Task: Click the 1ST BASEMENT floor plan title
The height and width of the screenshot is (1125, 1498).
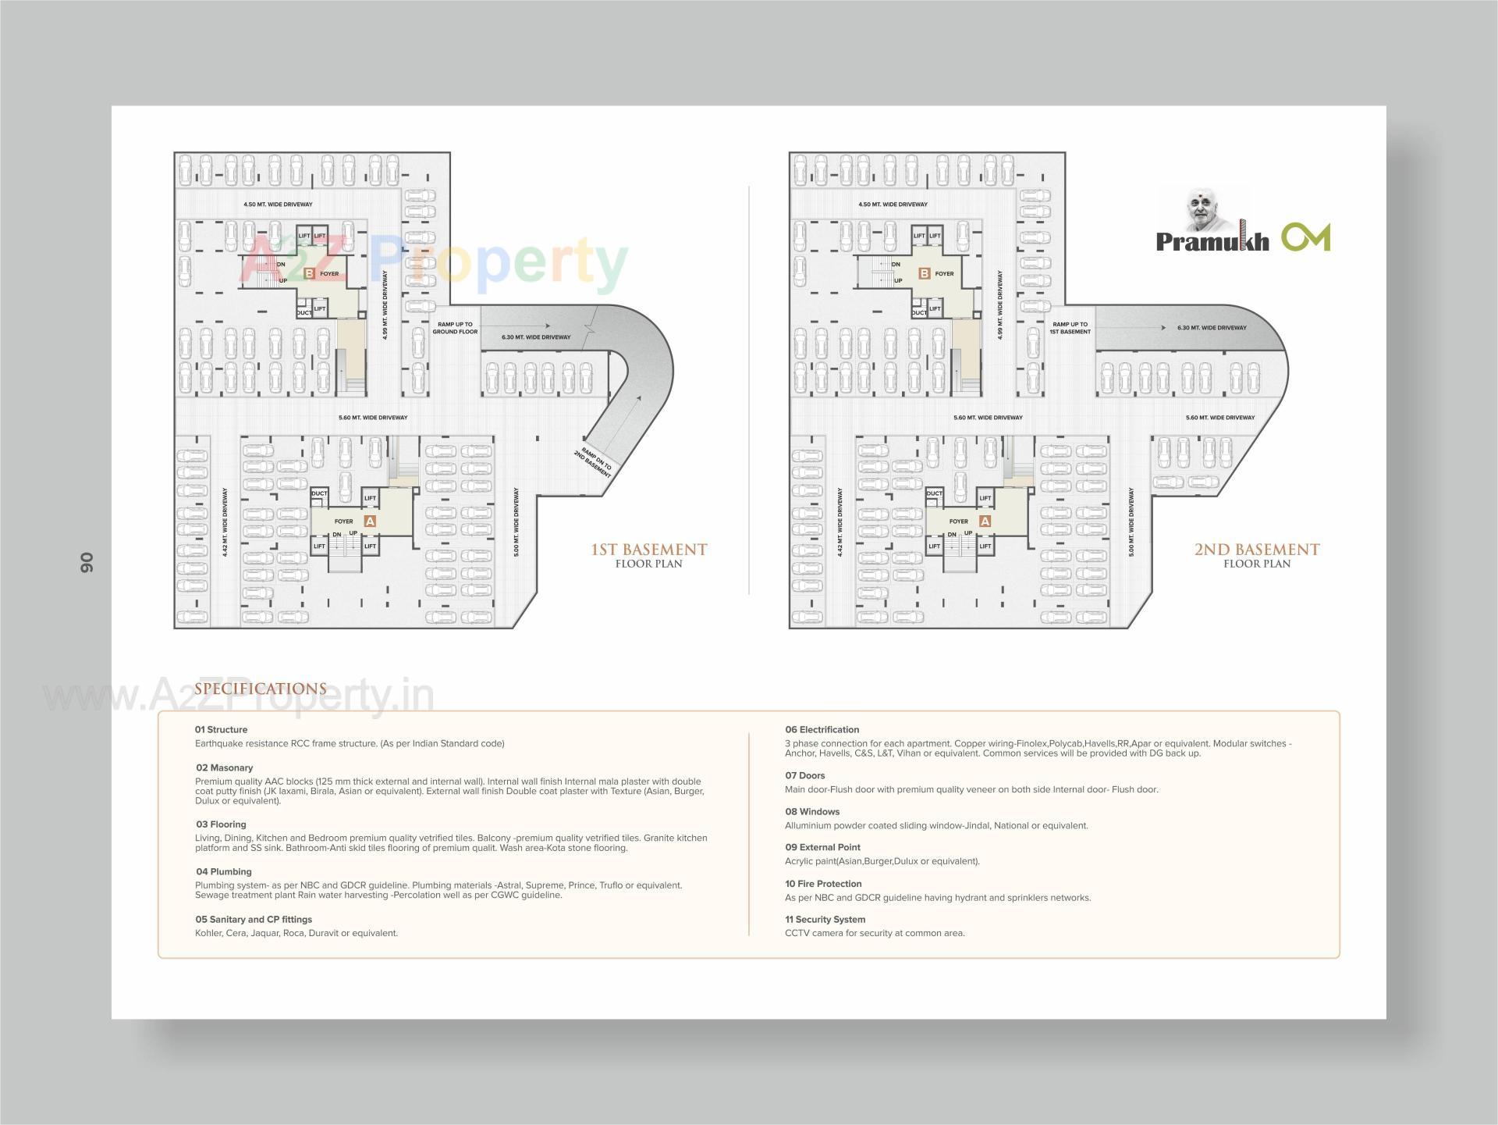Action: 649,550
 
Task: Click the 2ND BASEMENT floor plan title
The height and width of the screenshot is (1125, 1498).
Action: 1256,550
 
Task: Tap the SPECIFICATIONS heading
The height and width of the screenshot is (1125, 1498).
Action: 261,689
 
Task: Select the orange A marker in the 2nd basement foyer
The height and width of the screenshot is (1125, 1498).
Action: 985,521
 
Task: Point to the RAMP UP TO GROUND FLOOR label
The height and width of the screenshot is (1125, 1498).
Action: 456,328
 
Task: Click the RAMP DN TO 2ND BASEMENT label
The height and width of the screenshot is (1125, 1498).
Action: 596,463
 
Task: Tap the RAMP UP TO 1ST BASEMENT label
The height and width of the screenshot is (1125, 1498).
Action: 1070,328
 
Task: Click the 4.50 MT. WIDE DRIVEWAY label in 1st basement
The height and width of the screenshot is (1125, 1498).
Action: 278,205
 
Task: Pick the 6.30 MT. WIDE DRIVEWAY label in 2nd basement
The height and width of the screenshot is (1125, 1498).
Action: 1212,328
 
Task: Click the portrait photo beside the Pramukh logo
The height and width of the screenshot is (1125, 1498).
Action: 1205,208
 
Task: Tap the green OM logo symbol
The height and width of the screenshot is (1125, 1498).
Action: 1305,237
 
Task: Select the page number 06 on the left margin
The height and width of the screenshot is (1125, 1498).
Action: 86,562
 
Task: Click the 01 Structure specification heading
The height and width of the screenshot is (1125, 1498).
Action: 222,729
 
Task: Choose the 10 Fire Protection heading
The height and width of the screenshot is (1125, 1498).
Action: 823,884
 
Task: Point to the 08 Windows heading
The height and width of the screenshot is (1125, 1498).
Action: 812,811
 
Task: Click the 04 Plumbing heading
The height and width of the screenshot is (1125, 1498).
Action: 224,871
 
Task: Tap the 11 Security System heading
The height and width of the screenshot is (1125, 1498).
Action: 825,919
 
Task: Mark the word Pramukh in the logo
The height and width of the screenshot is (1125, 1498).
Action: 1212,241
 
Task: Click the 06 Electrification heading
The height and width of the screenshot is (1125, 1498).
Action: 822,729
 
